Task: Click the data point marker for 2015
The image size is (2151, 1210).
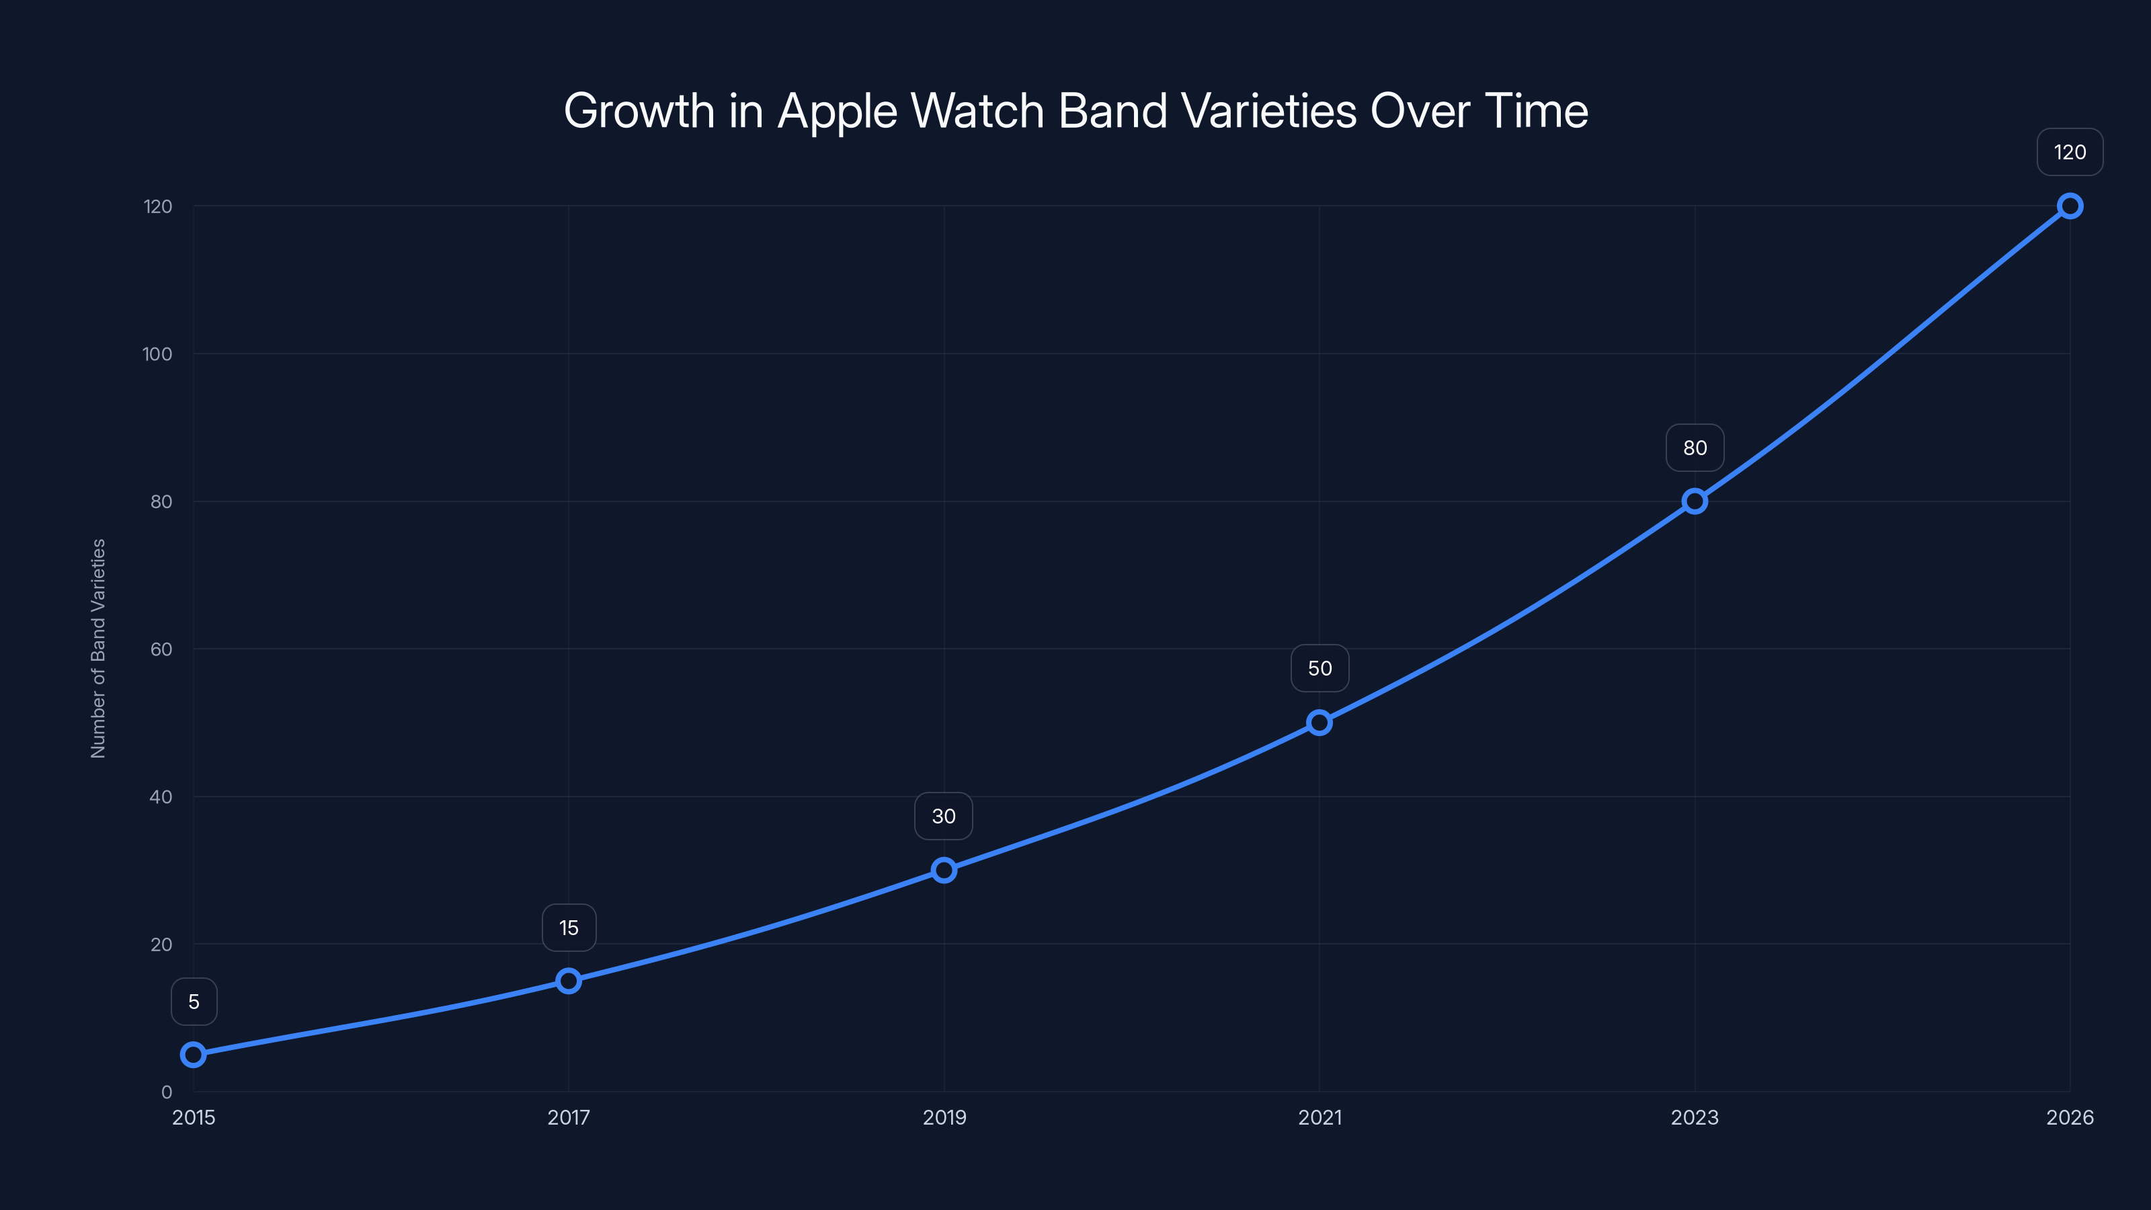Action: coord(194,1055)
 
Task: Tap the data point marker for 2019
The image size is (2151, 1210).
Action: coord(944,870)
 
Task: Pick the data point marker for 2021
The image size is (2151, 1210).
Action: coord(1320,723)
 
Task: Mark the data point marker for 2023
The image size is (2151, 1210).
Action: coord(1694,501)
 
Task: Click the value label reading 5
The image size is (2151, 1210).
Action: coord(194,1001)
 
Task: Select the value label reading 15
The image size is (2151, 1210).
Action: coord(569,928)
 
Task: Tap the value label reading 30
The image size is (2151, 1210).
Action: coord(944,816)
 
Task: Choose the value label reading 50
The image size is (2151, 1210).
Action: coord(1320,668)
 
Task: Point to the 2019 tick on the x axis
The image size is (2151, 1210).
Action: coord(944,1117)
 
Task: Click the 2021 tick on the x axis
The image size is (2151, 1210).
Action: coord(1320,1117)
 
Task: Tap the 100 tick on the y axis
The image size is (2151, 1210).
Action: coord(157,354)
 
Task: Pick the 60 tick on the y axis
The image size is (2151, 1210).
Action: coord(161,649)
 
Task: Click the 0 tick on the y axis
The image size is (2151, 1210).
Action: coord(166,1092)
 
